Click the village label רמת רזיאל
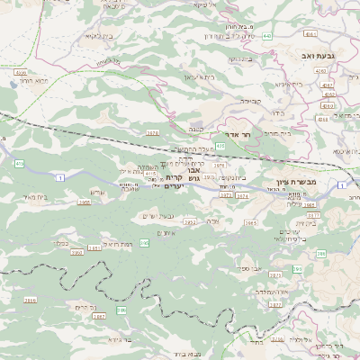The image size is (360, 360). pos(94,244)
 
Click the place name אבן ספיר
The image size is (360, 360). pos(249,268)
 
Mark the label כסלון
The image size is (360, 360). pos(61,242)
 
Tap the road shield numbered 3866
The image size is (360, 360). pos(30,300)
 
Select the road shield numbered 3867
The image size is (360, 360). pos(99,318)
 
